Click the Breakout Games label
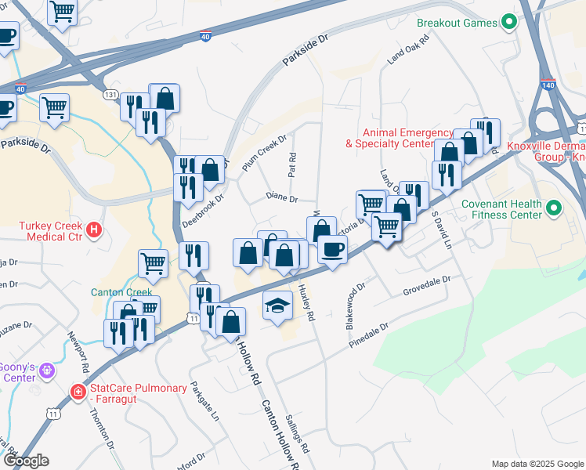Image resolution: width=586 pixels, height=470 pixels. tap(457, 23)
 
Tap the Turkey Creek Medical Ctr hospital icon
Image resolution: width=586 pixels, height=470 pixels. tap(94, 230)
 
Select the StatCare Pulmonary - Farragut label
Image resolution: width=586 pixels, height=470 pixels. tap(139, 389)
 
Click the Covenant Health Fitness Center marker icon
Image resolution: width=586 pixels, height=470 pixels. tap(554, 208)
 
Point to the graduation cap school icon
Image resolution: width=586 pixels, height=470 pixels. tap(276, 304)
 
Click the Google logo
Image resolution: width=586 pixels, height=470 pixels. tap(25, 461)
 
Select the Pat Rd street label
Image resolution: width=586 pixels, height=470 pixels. tap(291, 164)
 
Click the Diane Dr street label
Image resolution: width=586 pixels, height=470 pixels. tap(282, 198)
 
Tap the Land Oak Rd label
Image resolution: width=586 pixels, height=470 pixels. tap(408, 49)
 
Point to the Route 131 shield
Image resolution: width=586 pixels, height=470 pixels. tap(110, 94)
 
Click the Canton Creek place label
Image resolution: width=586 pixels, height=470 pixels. tap(121, 292)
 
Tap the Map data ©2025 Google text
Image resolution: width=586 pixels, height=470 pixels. tap(537, 463)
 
